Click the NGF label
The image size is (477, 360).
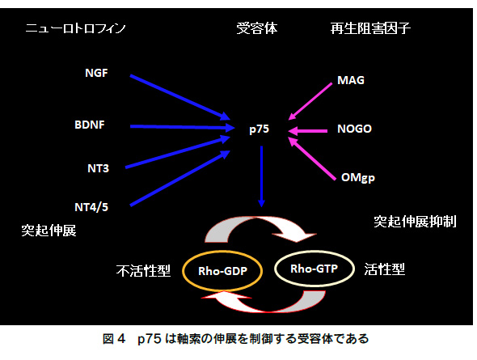96,73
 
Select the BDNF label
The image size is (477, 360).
90,125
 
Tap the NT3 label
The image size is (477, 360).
99,168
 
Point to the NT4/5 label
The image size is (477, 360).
91,207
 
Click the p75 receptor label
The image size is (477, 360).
260,129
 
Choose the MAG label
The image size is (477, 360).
351,80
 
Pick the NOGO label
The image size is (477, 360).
354,129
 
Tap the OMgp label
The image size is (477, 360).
358,178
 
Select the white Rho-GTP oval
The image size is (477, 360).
314,251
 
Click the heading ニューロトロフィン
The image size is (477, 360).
75,28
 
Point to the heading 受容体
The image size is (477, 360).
257,28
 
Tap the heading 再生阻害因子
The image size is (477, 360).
370,28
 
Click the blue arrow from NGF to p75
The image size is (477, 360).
180,97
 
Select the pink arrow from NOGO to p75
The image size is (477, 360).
307,131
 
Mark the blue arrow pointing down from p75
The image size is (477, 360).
261,176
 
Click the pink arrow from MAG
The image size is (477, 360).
310,101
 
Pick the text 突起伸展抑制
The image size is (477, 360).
415,222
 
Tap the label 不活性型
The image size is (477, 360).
143,270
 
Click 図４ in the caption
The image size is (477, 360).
114,339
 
